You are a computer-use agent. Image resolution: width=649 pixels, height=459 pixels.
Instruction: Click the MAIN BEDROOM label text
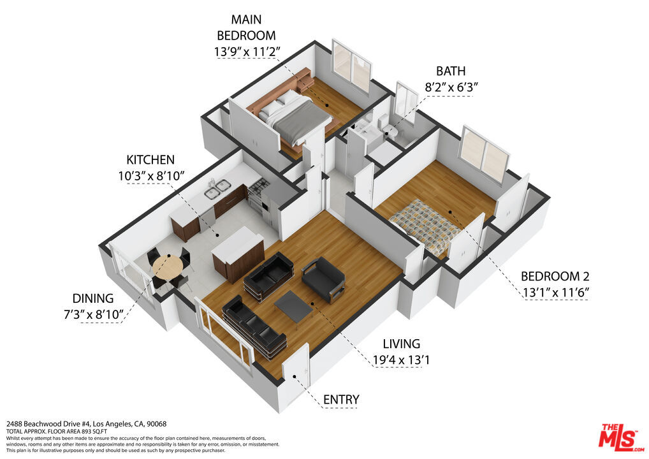click(x=246, y=27)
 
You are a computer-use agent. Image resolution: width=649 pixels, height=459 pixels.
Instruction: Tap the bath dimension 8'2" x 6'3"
click(x=451, y=87)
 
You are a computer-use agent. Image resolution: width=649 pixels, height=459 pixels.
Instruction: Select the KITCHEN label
click(x=150, y=160)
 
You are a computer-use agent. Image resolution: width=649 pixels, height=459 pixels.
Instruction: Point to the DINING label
click(x=92, y=298)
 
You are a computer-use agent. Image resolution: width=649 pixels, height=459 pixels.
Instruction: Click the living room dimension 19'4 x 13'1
click(x=401, y=360)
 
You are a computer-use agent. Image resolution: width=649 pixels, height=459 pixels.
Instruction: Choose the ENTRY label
click(x=341, y=400)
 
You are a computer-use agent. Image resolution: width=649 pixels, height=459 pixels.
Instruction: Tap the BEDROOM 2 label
click(x=555, y=276)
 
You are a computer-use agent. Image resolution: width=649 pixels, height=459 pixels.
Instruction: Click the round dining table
click(x=167, y=266)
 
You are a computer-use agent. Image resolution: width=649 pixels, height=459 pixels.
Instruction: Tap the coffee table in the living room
click(x=294, y=305)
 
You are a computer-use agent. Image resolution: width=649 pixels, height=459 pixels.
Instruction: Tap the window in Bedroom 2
click(x=485, y=154)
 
